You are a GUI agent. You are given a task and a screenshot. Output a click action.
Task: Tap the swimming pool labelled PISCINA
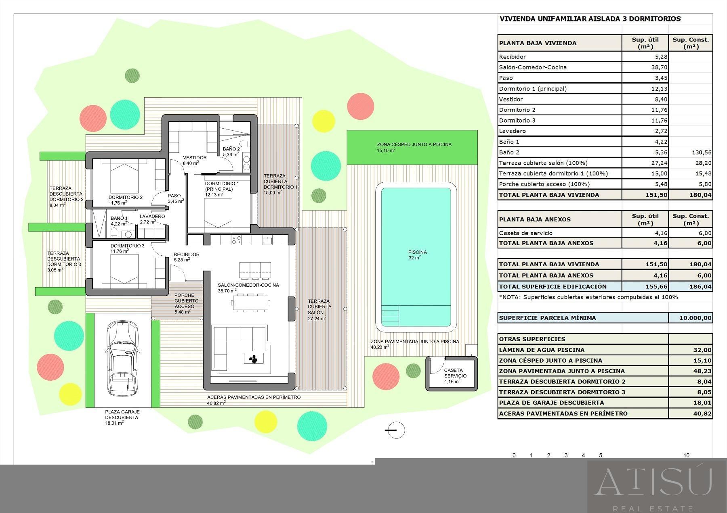click(416, 257)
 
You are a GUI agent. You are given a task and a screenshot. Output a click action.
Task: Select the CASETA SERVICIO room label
click(455, 373)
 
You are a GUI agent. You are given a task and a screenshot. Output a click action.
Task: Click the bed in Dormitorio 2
click(124, 178)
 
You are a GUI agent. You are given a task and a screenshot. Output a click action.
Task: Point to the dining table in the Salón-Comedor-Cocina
click(250, 303)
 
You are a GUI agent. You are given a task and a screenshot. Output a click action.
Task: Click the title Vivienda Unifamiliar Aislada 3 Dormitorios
click(590, 19)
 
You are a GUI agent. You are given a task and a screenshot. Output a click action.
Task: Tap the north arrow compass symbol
click(395, 430)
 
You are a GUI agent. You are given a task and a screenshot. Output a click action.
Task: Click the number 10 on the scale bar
click(686, 455)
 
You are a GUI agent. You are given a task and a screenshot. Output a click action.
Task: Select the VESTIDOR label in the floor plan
click(195, 158)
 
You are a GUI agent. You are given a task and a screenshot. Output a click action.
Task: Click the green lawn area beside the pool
click(412, 147)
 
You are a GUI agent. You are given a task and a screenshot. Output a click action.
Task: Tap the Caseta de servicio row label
click(525, 233)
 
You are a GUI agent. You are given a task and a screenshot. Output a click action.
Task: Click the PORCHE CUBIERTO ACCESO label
click(184, 301)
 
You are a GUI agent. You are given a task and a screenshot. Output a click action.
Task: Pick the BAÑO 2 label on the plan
click(231, 149)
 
